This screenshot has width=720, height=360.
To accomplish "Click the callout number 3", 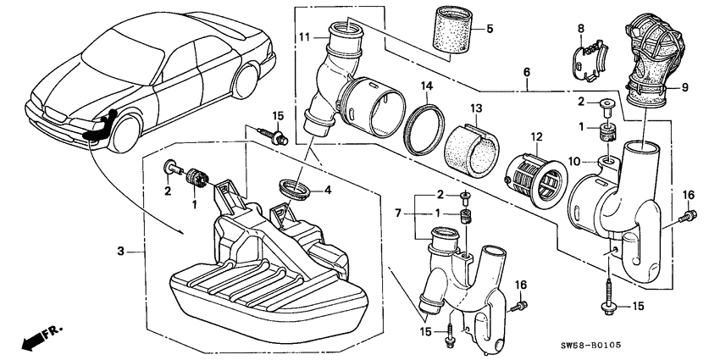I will [121, 251].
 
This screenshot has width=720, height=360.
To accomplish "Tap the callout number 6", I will [526, 74].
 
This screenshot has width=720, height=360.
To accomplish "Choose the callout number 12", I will [535, 136].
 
